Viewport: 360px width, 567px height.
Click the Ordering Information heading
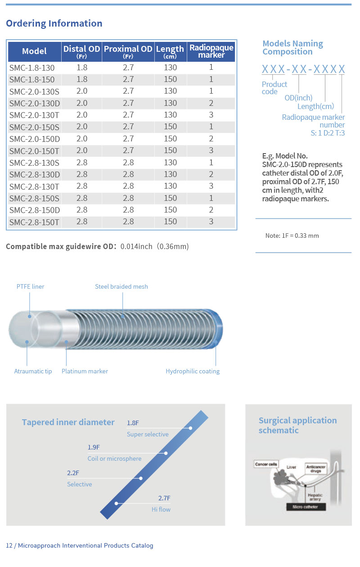coord(54,23)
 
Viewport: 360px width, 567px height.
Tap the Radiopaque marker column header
coord(211,51)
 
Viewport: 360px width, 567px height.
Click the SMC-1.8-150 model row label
coord(32,80)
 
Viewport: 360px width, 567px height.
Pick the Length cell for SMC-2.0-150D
coord(170,139)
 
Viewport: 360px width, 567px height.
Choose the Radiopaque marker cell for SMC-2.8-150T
coord(211,222)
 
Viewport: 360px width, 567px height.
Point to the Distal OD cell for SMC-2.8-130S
coord(82,163)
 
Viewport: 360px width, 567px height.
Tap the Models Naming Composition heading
coord(292,48)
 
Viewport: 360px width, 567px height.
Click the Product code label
coord(274,88)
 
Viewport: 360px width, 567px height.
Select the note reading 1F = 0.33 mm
coord(292,236)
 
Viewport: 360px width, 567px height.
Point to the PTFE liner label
coord(31,286)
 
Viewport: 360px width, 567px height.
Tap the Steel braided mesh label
coord(121,286)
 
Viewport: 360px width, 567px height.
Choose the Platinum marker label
coord(85,371)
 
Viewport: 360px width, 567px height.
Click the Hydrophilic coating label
coord(193,371)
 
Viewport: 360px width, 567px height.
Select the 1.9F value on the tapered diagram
coord(94,447)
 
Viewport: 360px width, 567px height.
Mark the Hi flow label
coord(161,509)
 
